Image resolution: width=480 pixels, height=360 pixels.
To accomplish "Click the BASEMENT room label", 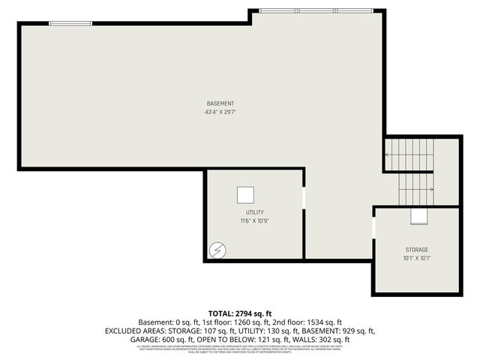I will pyautogui.click(x=220, y=103).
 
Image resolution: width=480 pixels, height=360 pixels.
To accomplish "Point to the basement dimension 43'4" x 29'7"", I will pyautogui.click(x=220, y=112).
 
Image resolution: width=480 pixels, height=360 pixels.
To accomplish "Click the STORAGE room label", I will pyautogui.click(x=418, y=249).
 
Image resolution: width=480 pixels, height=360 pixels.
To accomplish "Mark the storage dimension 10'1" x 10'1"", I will pyautogui.click(x=418, y=258).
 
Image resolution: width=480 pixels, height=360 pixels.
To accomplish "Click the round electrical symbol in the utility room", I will pyautogui.click(x=217, y=248).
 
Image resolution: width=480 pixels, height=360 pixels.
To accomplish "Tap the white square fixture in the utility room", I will pyautogui.click(x=245, y=195).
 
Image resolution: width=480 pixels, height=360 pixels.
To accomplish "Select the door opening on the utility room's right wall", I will pyautogui.click(x=304, y=199).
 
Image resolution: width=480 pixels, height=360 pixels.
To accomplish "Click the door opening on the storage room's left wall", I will pyautogui.click(x=373, y=228).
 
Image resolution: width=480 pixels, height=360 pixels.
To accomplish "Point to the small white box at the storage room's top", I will pyautogui.click(x=418, y=216).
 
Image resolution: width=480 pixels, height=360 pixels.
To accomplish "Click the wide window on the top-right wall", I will pyautogui.click(x=315, y=11).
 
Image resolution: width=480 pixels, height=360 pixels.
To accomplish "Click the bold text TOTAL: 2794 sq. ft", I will pyautogui.click(x=239, y=312).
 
